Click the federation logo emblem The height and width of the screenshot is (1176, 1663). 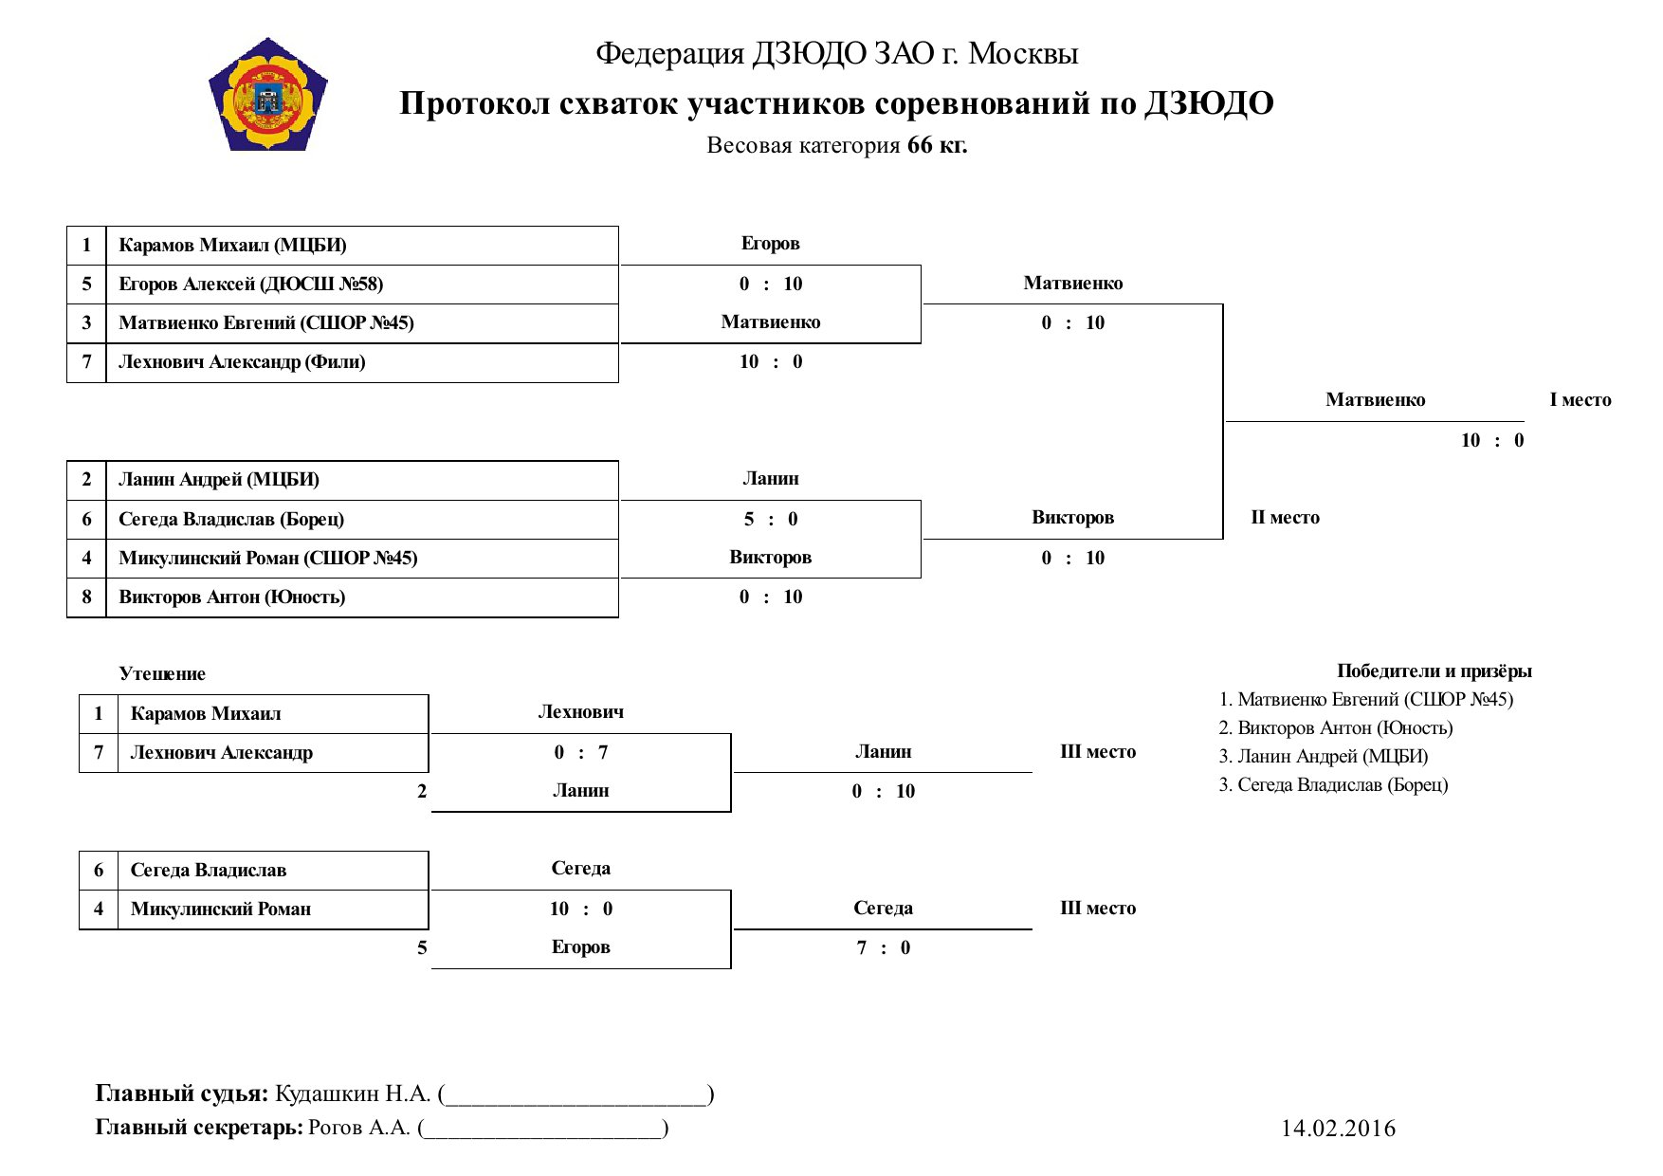click(268, 95)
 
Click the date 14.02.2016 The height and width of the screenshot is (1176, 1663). click(1338, 1128)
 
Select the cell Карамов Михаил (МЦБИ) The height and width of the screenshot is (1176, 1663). click(362, 246)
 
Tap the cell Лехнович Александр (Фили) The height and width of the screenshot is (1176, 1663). click(362, 362)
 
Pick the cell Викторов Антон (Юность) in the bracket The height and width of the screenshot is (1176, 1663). click(362, 597)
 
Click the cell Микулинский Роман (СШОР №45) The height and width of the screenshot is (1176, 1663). click(362, 559)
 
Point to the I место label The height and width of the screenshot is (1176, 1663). click(1581, 400)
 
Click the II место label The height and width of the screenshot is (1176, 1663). click(1285, 518)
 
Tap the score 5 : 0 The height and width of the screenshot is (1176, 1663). click(771, 519)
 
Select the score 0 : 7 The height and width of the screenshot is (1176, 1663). click(581, 752)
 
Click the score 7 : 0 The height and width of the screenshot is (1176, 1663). click(884, 947)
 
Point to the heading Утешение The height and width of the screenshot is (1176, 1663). click(162, 674)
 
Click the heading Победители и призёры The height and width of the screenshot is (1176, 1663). click(1435, 671)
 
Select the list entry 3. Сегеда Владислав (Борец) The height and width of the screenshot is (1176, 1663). click(1333, 785)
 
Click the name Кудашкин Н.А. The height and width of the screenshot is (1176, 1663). click(353, 1093)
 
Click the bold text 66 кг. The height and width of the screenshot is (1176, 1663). click(938, 145)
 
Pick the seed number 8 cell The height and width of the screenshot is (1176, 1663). click(86, 597)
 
